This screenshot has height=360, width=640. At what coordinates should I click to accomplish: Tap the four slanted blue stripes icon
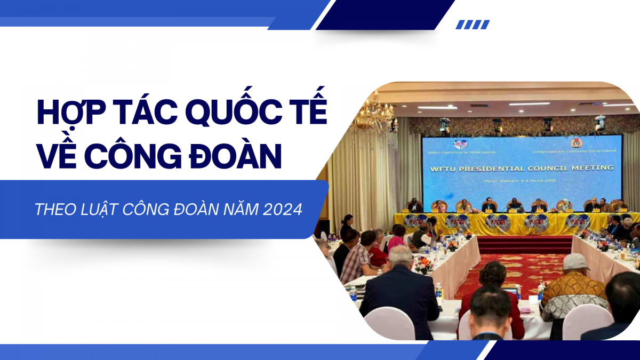(473, 25)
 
